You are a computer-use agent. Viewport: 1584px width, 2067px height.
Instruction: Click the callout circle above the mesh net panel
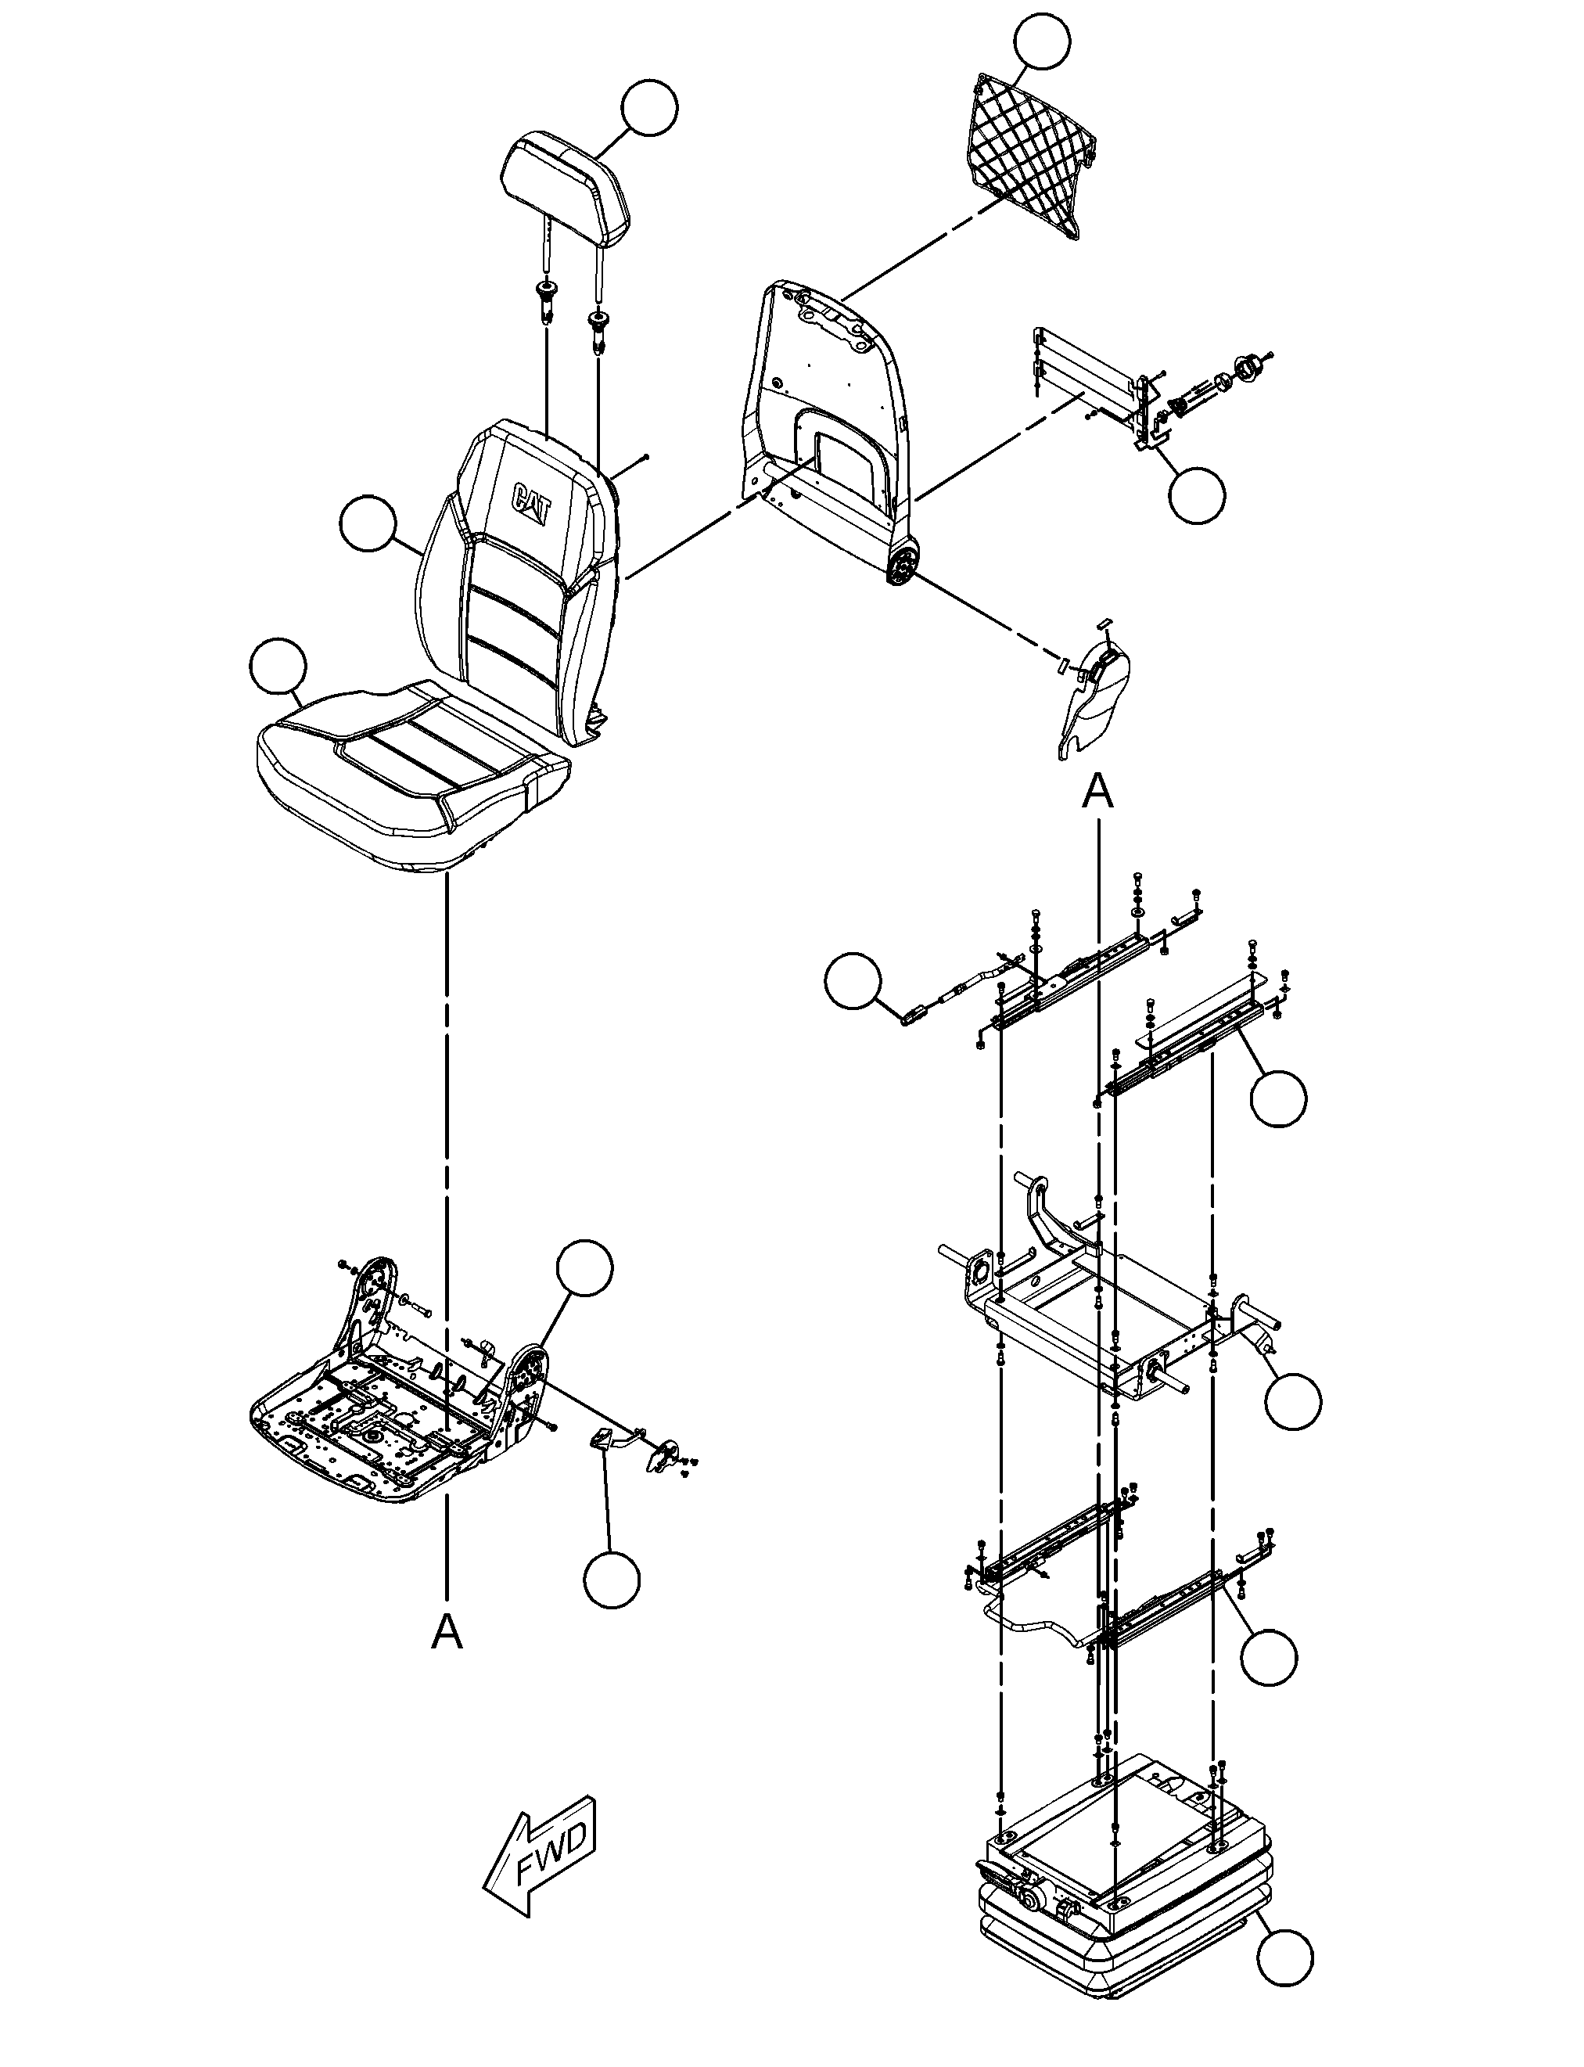click(1042, 41)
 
